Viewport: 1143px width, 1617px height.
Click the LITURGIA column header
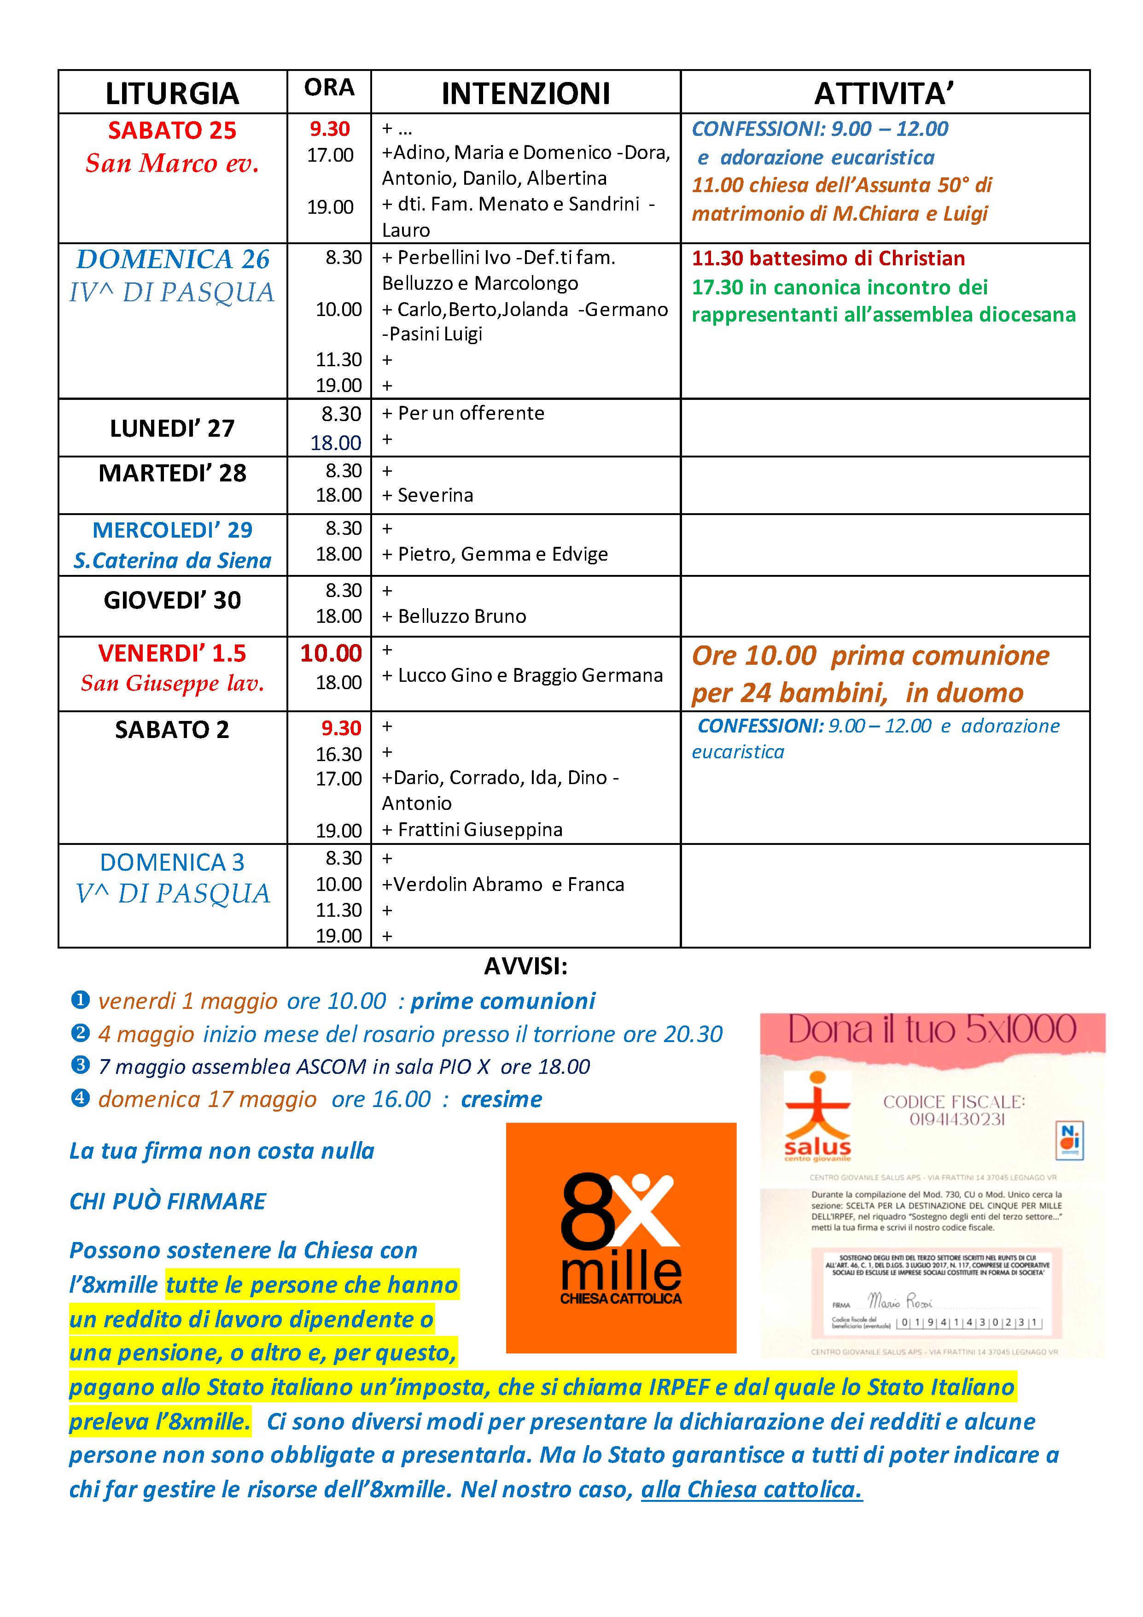pyautogui.click(x=172, y=93)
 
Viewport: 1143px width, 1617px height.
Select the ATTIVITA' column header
pyautogui.click(x=884, y=93)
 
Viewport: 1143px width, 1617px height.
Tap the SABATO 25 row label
pyautogui.click(x=172, y=130)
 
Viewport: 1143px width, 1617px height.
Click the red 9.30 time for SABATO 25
pyautogui.click(x=329, y=129)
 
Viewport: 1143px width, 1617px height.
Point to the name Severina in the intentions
pyautogui.click(x=435, y=495)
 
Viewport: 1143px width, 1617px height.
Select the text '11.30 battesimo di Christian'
pyautogui.click(x=828, y=258)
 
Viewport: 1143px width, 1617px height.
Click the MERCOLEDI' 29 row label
pyautogui.click(x=172, y=530)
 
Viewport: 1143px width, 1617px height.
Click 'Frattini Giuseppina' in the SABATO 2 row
pyautogui.click(x=480, y=830)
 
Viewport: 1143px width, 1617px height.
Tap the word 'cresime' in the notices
pyautogui.click(x=501, y=1099)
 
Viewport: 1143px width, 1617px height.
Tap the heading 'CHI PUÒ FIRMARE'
pyautogui.click(x=168, y=1201)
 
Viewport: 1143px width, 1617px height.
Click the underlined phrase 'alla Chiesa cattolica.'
pyautogui.click(x=751, y=1489)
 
